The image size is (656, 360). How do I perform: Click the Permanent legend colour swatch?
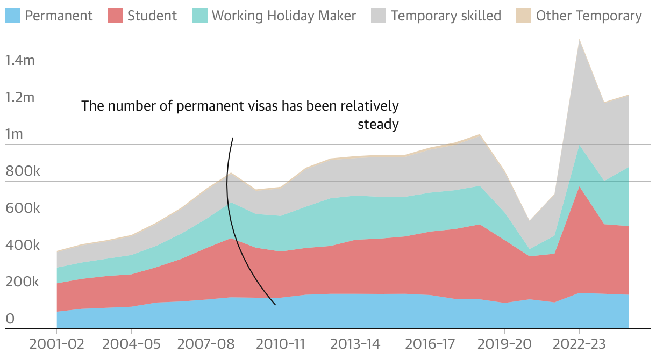click(13, 16)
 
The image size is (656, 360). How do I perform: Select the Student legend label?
click(152, 16)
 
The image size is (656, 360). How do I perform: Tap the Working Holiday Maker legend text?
click(283, 16)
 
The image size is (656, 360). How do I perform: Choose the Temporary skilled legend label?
click(446, 16)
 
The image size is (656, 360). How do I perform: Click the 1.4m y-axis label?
click(20, 61)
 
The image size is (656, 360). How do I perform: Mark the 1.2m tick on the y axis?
click(20, 98)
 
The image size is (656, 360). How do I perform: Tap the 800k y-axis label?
click(22, 171)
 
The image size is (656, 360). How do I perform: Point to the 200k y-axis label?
click(22, 283)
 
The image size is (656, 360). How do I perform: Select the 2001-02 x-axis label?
click(57, 344)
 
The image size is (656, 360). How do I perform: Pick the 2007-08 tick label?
click(206, 344)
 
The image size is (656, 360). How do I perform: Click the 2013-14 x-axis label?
click(355, 344)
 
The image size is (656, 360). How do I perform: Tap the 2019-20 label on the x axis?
click(504, 344)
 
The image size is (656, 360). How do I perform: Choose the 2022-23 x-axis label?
click(579, 344)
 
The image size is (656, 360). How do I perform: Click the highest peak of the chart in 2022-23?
click(579, 40)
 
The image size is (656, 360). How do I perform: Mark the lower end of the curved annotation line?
click(275, 305)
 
